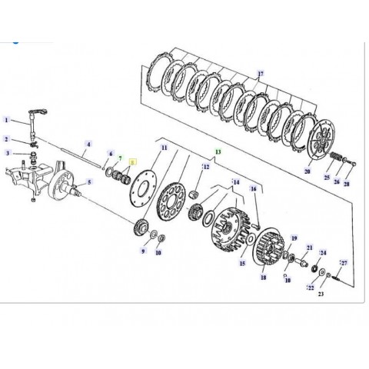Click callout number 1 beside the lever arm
[6, 121]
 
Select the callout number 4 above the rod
[88, 144]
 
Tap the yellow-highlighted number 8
[131, 162]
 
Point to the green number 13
[218, 153]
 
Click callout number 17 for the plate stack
[260, 74]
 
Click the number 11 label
[163, 147]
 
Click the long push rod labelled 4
[77, 158]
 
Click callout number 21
[309, 248]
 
